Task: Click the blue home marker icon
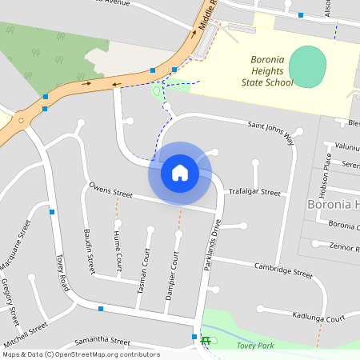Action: coord(180,173)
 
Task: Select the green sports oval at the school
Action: coord(308,66)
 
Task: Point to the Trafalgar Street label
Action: coord(254,193)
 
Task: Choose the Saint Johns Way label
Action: coord(270,133)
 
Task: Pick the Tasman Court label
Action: coord(144,273)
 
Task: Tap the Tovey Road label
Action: coord(65,272)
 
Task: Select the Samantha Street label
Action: coord(102,342)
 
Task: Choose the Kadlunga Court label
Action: coord(318,318)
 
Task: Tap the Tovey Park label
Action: coord(255,346)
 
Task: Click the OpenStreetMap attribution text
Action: coord(80,354)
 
